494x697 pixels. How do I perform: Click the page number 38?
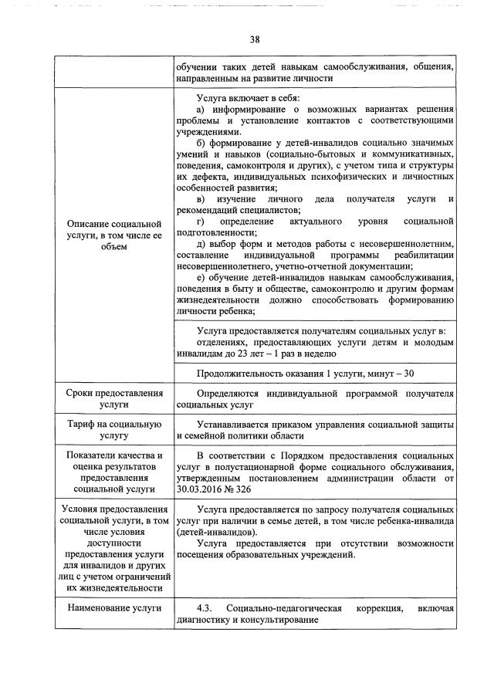254,40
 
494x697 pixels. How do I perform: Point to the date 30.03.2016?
201,489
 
